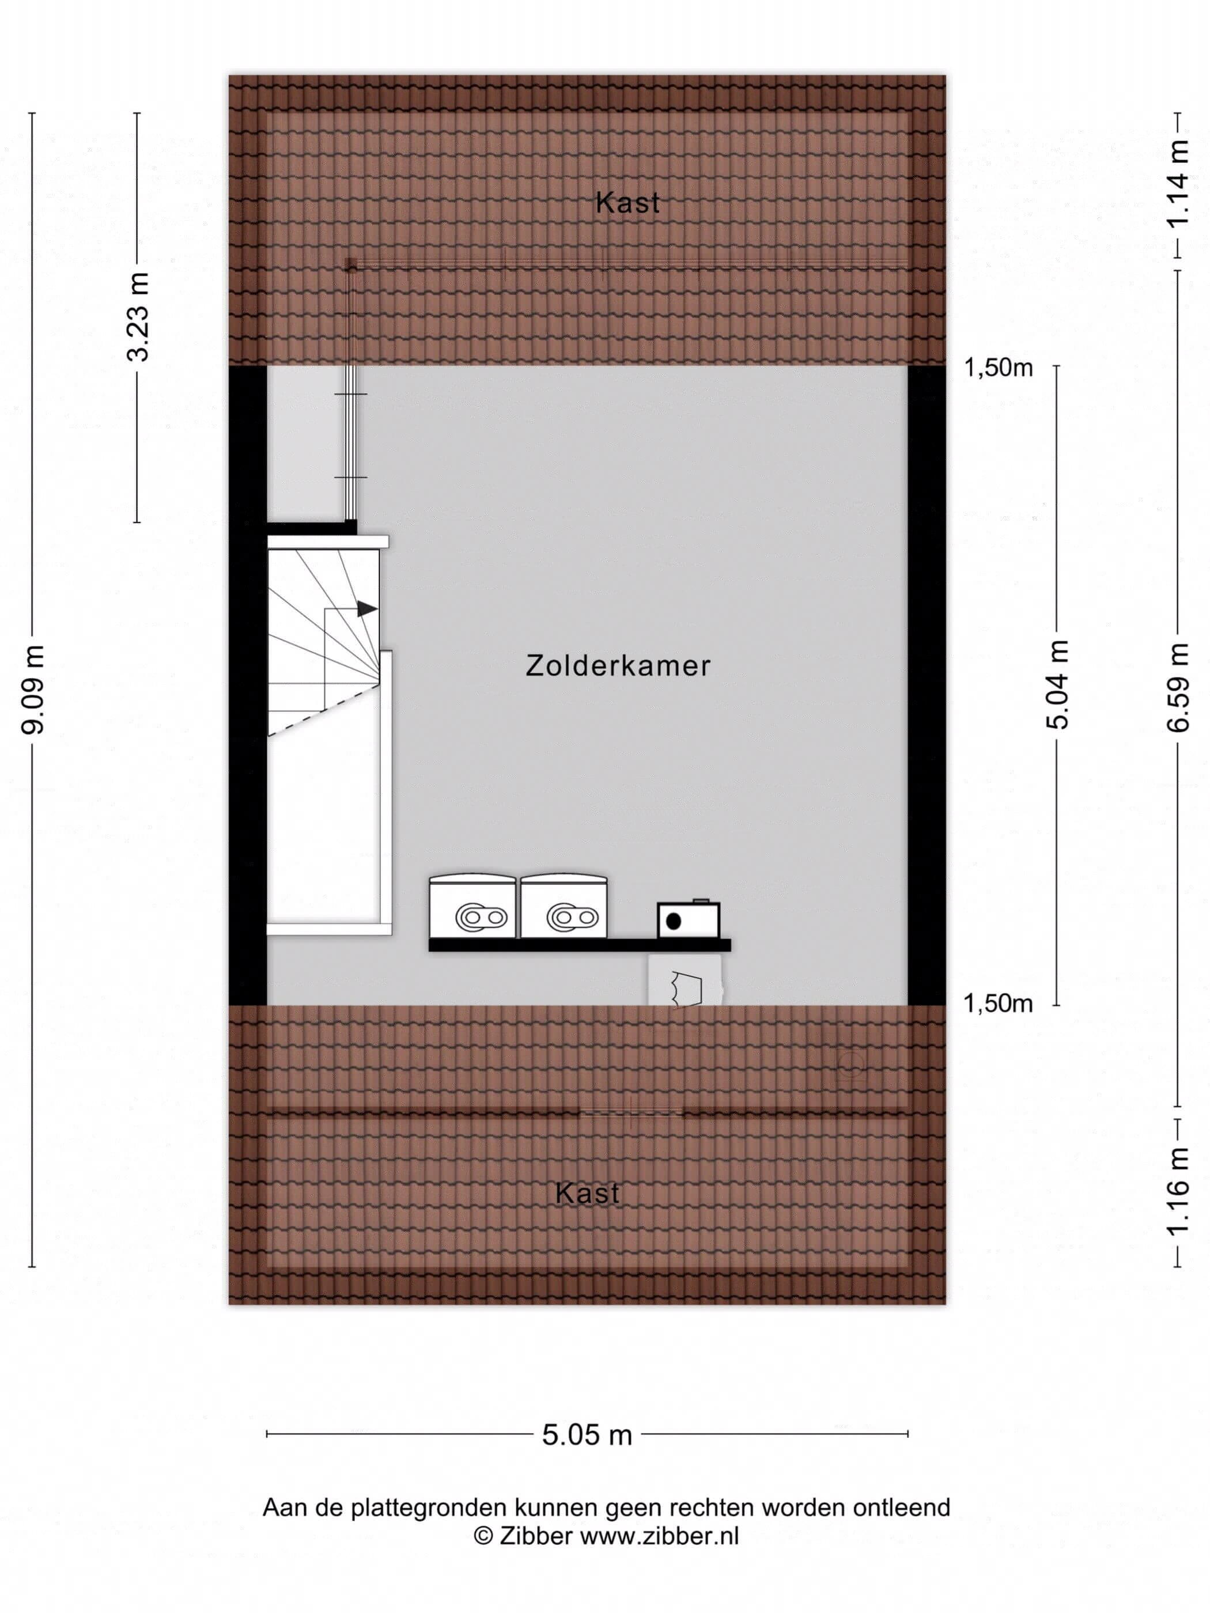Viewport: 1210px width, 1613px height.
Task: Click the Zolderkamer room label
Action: click(x=618, y=666)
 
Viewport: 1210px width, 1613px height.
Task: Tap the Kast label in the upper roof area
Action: click(x=627, y=203)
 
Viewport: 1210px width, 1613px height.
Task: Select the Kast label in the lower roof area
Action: click(x=587, y=1194)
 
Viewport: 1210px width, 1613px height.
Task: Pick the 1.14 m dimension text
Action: click(x=1177, y=184)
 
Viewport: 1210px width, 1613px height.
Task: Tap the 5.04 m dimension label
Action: click(x=1057, y=685)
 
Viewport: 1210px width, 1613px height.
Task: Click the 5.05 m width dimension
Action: click(x=587, y=1435)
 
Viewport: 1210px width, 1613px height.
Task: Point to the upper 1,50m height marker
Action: click(x=999, y=368)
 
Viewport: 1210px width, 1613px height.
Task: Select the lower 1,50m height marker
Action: click(x=999, y=1004)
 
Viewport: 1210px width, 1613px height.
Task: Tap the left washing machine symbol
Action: click(x=472, y=906)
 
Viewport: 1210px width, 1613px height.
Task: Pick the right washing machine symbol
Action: click(x=564, y=906)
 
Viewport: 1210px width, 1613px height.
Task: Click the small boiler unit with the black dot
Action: click(x=689, y=919)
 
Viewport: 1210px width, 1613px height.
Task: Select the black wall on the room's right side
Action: click(x=927, y=686)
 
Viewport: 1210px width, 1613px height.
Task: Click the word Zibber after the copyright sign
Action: click(x=536, y=1536)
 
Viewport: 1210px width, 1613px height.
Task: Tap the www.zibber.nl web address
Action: click(x=659, y=1536)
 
